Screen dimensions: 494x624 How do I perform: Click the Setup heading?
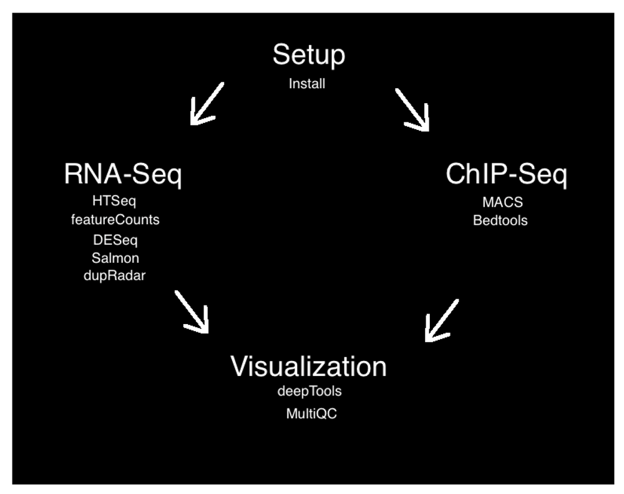point(309,55)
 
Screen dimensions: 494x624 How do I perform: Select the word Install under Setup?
point(307,84)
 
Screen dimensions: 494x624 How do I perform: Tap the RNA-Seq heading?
point(123,174)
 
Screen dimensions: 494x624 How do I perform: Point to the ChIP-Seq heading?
point(506,174)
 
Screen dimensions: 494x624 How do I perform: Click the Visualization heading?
point(308,366)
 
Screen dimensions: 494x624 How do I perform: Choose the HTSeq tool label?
point(114,201)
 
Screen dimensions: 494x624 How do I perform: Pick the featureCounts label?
point(115,220)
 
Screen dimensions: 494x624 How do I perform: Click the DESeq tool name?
point(115,240)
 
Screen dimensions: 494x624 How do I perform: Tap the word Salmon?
point(115,258)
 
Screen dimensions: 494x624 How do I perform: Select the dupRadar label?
point(114,275)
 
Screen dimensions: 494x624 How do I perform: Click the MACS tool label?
point(502,202)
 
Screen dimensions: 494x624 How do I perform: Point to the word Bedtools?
point(500,220)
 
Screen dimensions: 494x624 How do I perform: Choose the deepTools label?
point(310,392)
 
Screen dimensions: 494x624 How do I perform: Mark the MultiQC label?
point(311,413)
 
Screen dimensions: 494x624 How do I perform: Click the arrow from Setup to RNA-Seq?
point(207,103)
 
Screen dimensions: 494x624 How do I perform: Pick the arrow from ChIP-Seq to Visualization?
point(442,320)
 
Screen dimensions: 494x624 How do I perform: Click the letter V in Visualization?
point(241,366)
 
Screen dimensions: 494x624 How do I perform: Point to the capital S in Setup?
point(282,55)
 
